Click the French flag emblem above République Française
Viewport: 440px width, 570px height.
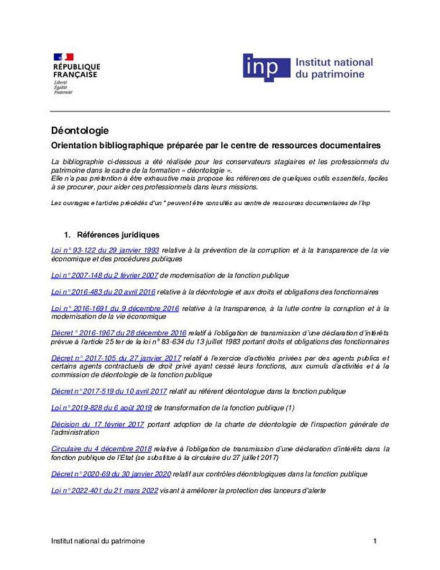tap(63, 57)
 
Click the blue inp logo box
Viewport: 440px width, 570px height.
tap(266, 68)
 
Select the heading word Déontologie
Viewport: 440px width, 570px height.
tap(80, 130)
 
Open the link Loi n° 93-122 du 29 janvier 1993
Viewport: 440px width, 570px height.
tap(105, 250)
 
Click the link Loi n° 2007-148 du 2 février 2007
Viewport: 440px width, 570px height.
tap(104, 275)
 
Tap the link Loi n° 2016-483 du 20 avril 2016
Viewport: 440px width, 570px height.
tap(103, 292)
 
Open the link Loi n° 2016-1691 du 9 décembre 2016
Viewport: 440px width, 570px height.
tap(115, 309)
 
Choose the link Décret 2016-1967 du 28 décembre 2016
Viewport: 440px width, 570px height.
tap(119, 333)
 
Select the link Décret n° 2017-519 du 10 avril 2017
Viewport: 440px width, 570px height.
tap(109, 392)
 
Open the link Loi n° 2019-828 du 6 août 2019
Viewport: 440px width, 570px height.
tap(101, 408)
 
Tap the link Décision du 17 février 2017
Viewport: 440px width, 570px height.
tap(97, 425)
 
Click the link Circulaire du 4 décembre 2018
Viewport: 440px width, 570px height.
tap(101, 449)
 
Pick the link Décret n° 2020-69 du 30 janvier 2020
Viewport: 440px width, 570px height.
tap(111, 474)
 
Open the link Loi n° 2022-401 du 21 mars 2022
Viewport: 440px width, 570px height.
tap(104, 491)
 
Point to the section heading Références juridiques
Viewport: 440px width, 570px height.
tap(118, 235)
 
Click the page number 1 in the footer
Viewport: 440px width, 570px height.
tap(375, 541)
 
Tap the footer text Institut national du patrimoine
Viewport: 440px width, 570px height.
tap(98, 541)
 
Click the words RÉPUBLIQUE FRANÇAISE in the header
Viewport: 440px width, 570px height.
tap(76, 71)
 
